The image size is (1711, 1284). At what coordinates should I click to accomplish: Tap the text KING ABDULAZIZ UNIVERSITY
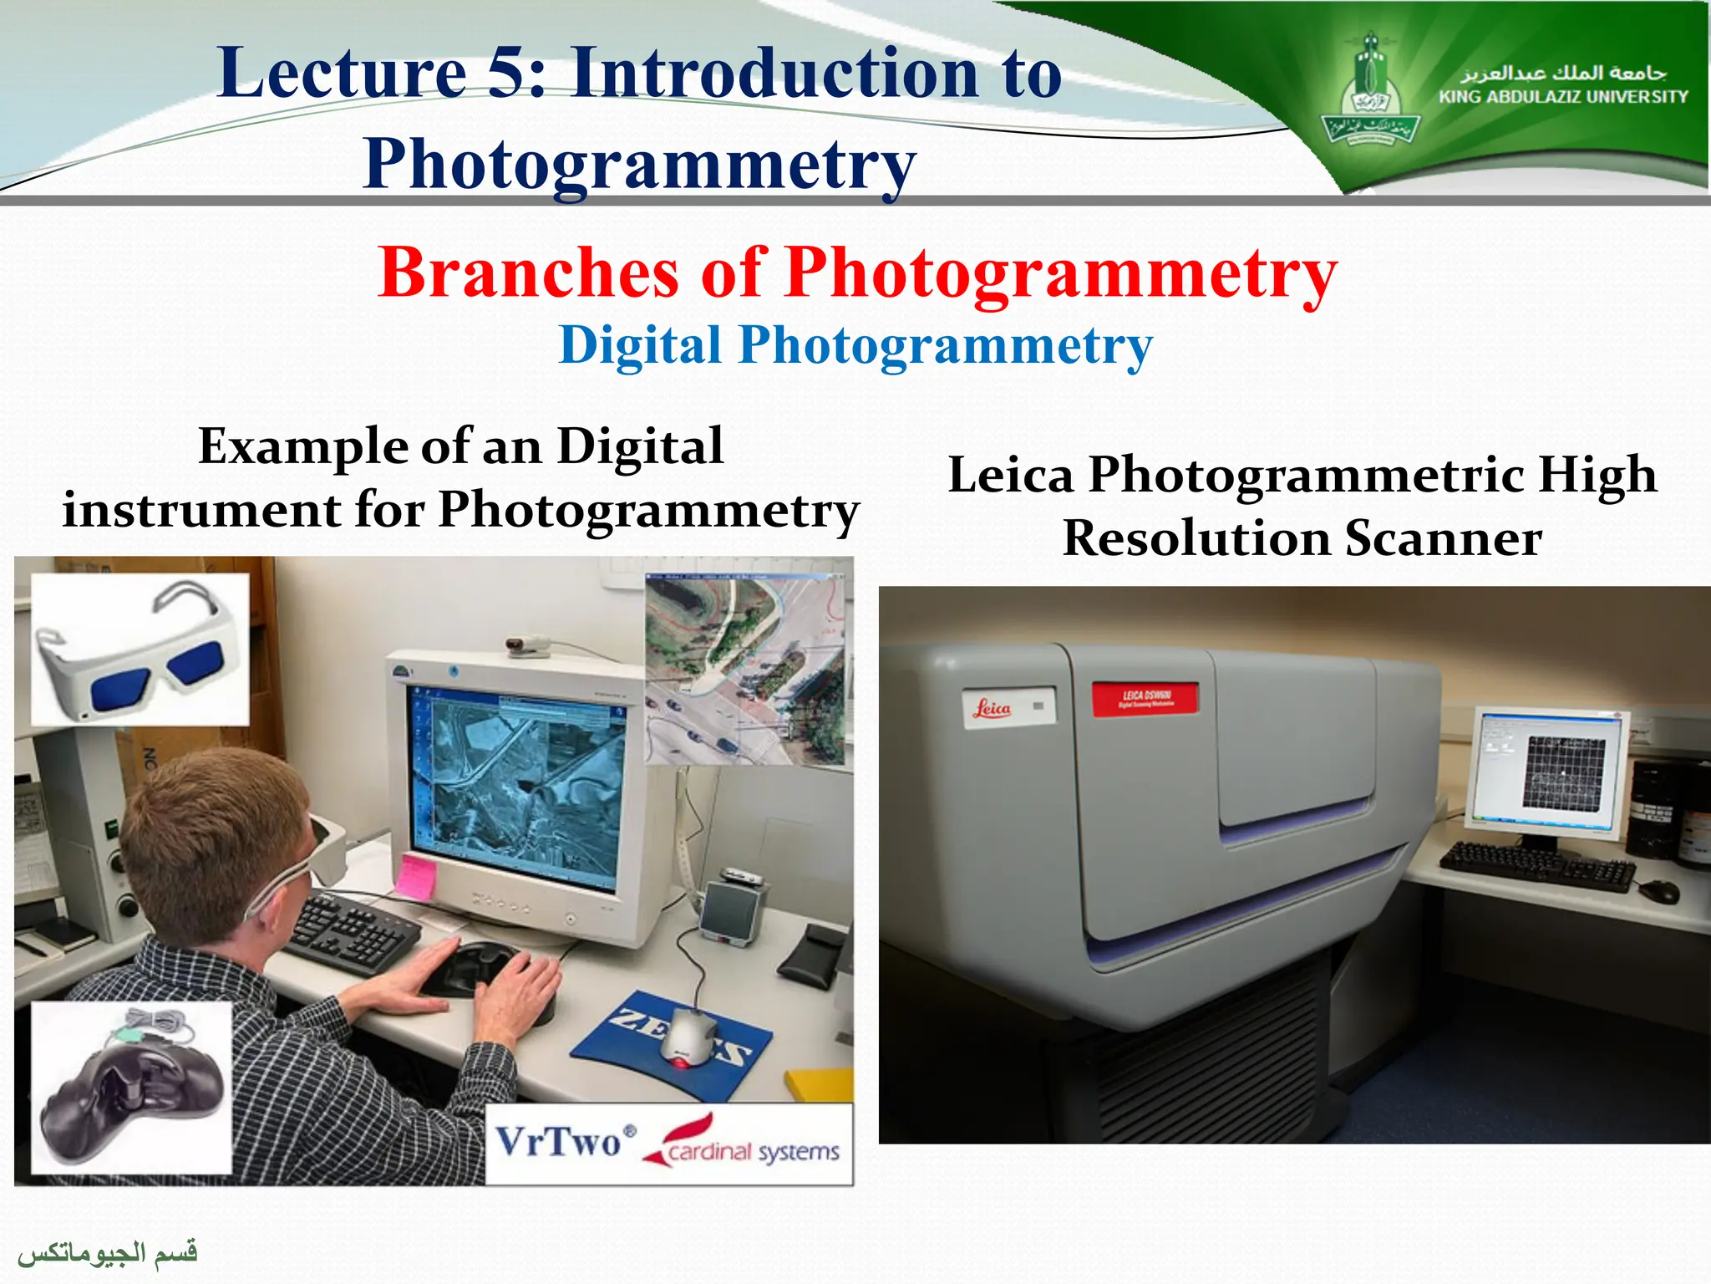(x=1563, y=97)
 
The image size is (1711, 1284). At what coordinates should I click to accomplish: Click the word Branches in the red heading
(x=528, y=273)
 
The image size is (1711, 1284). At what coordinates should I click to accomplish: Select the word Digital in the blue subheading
(x=639, y=345)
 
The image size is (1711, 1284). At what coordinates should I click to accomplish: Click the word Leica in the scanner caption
(x=1010, y=476)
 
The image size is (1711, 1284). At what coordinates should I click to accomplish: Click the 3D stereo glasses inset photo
(x=140, y=649)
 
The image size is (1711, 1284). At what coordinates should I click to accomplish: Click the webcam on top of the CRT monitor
(x=529, y=646)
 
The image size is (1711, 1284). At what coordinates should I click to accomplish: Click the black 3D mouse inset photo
(x=131, y=1088)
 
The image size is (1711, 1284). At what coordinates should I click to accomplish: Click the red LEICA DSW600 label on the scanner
(x=1145, y=699)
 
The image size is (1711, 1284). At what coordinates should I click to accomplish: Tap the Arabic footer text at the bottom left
(x=108, y=1252)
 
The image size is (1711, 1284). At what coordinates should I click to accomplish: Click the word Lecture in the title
(x=342, y=74)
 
